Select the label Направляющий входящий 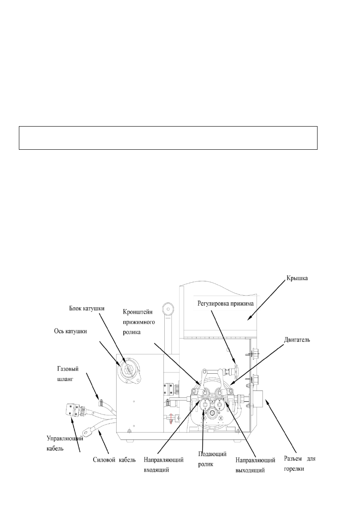(164, 463)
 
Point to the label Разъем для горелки (300, 463)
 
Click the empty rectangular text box (168, 138)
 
